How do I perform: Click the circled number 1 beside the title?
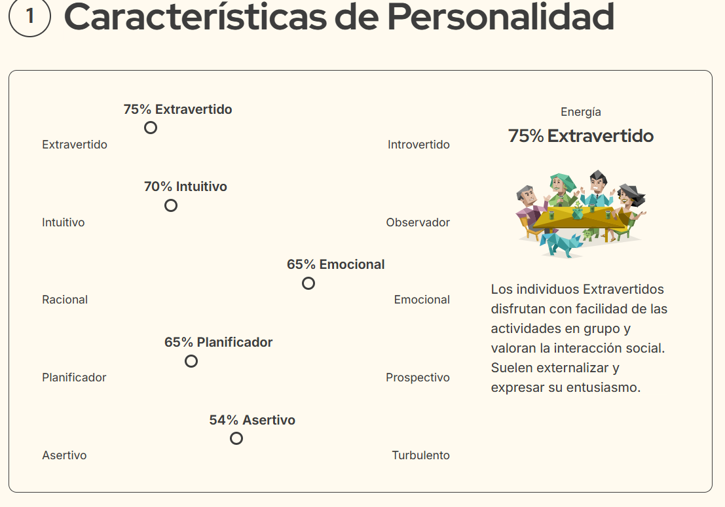click(29, 16)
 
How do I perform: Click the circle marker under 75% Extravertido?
click(151, 128)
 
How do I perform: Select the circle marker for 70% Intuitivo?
click(171, 205)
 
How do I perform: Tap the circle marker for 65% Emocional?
click(308, 283)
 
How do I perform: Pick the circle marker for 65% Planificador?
click(191, 361)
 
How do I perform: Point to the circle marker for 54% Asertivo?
click(236, 438)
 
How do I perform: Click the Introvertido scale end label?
click(418, 145)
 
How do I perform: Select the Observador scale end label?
click(418, 222)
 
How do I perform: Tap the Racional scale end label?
click(65, 300)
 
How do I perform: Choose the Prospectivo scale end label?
click(418, 377)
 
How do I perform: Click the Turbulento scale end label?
click(420, 455)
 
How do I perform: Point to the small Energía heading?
click(581, 112)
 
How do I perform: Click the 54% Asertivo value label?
click(252, 420)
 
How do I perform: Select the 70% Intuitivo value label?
click(185, 186)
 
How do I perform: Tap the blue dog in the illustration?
click(559, 245)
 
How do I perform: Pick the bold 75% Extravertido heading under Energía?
click(581, 136)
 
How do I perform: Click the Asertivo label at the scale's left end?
click(64, 455)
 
